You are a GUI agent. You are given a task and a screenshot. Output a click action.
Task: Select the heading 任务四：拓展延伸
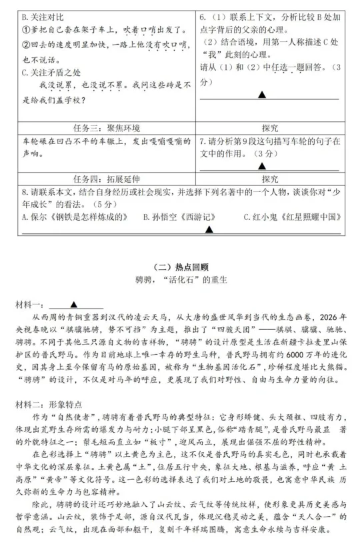[103, 179]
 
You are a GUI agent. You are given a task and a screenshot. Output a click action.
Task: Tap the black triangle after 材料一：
[73, 304]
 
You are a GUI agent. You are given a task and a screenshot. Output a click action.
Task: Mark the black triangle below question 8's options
[209, 229]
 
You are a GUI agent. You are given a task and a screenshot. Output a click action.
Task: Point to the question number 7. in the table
[204, 141]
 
